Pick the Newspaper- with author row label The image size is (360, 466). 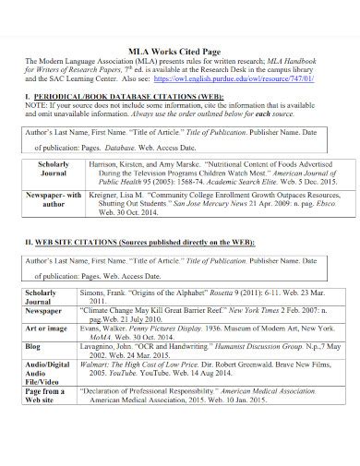point(53,201)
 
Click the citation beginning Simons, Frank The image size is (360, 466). point(209,295)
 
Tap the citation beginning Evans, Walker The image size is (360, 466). point(209,332)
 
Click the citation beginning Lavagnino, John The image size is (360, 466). point(209,351)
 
